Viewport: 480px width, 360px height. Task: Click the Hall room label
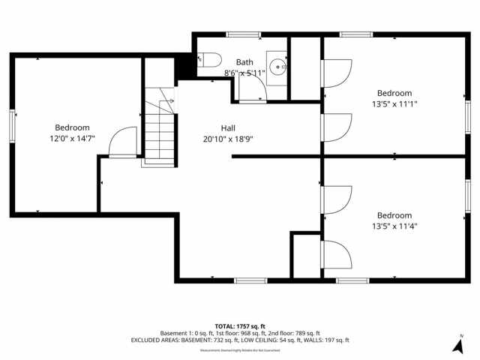tap(228, 127)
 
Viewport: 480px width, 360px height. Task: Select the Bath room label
tap(244, 62)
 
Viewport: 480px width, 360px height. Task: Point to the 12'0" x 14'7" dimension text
tap(72, 139)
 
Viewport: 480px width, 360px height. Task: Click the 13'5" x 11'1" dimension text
tap(394, 104)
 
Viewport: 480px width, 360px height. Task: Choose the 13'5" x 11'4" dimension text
tap(394, 226)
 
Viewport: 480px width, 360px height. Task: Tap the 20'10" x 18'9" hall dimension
tap(228, 139)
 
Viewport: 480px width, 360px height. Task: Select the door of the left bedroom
tap(123, 142)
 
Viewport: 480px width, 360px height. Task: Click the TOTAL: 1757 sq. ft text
tap(239, 326)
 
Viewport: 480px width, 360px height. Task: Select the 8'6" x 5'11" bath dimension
tap(244, 73)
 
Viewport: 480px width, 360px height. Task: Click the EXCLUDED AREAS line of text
tap(239, 340)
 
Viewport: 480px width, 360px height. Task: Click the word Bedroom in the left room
tap(72, 127)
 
